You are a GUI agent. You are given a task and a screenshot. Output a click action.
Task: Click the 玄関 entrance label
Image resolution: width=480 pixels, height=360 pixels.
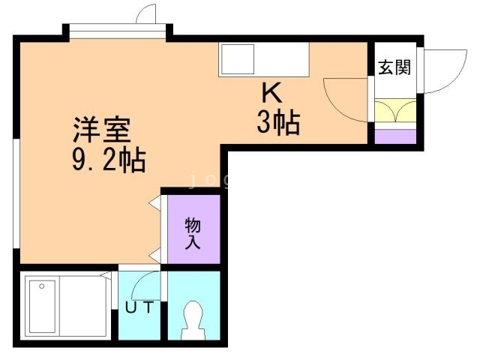[x=394, y=67]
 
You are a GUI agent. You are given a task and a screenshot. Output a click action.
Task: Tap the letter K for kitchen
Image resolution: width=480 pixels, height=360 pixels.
[x=271, y=93]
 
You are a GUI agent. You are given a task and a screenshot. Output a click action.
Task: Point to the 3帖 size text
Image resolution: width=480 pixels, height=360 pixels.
[x=277, y=121]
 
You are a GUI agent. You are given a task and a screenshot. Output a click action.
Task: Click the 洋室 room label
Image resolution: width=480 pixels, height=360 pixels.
[x=101, y=131]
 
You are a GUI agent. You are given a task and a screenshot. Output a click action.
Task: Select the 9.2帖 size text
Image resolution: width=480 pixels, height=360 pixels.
[x=109, y=159]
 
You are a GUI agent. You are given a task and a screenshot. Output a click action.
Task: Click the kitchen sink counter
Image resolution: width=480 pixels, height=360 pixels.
[x=263, y=58]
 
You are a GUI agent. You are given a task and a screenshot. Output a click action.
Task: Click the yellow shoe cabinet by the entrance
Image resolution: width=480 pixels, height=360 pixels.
[x=394, y=112]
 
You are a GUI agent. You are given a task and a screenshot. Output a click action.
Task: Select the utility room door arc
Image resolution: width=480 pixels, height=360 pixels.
[x=146, y=283]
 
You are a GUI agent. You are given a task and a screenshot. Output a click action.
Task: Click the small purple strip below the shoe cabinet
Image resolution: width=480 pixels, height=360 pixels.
[x=394, y=136]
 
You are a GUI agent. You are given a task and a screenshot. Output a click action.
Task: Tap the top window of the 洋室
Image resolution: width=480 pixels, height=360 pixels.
[x=116, y=31]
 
